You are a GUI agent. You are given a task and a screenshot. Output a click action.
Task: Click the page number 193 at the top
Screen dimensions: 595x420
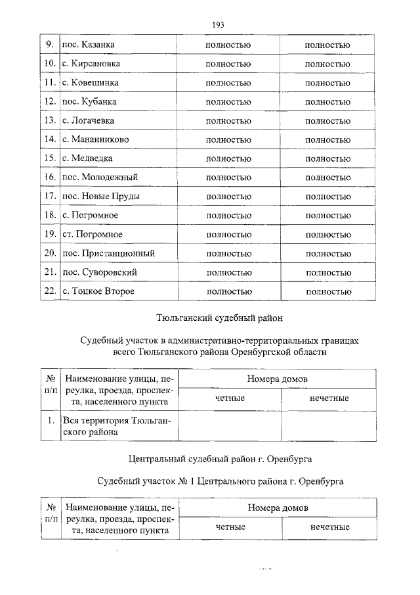(219, 25)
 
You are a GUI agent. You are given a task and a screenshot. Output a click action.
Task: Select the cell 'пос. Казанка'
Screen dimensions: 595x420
(88, 45)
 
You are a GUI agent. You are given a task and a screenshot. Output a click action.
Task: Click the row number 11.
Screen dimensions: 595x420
(49, 83)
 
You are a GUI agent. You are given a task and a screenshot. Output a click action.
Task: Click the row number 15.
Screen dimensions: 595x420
(49, 158)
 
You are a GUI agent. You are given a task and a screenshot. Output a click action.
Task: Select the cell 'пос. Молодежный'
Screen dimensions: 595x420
(99, 178)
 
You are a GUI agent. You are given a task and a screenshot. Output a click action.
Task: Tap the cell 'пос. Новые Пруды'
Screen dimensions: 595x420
(100, 197)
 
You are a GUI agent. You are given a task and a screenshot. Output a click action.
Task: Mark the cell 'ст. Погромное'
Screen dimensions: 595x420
(92, 234)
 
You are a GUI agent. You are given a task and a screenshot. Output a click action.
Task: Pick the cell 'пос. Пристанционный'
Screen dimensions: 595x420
(108, 253)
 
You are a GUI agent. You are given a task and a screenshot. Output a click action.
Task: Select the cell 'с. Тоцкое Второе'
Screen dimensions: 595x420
(98, 291)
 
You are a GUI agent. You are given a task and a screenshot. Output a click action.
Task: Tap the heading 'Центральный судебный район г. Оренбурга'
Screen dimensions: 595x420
(219, 457)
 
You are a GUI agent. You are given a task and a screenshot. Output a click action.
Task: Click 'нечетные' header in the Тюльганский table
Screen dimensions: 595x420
(329, 398)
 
